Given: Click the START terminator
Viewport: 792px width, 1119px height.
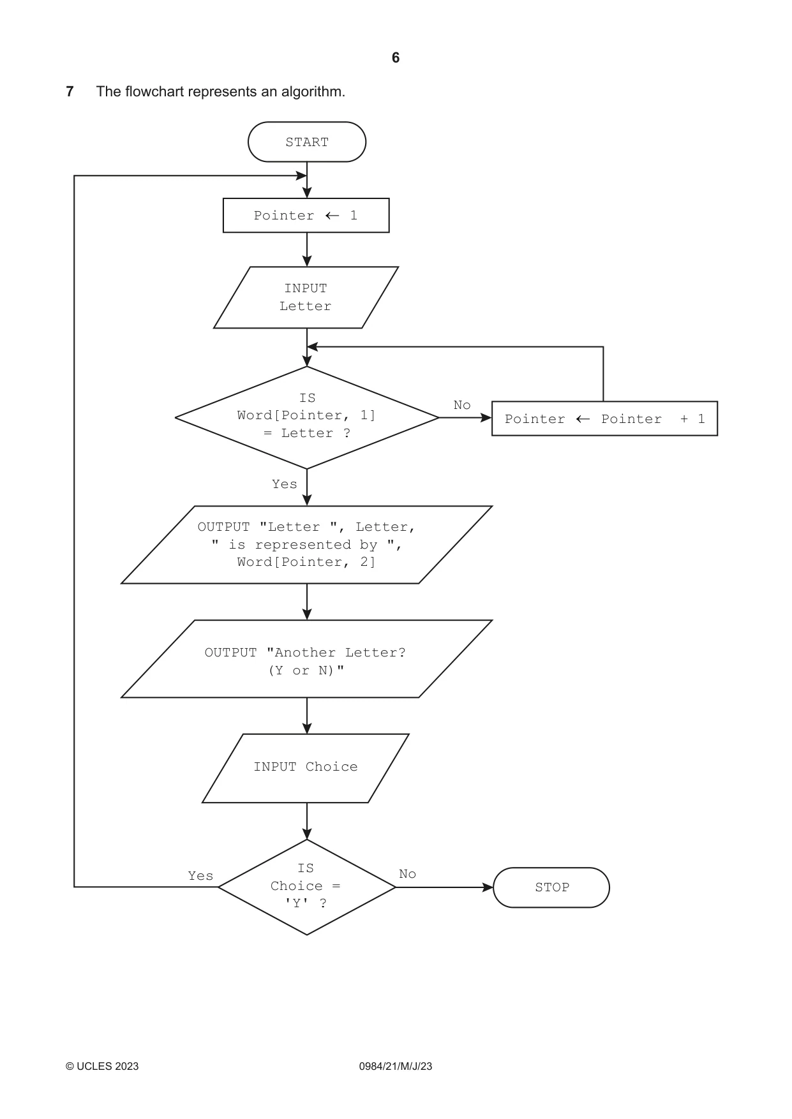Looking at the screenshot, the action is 307,142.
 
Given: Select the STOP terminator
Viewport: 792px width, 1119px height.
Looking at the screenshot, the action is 551,887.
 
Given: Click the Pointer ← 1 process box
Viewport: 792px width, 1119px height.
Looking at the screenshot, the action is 306,216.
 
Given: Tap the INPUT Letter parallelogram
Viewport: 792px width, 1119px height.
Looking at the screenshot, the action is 306,297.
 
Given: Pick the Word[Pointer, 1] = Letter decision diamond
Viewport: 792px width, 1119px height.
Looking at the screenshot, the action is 307,417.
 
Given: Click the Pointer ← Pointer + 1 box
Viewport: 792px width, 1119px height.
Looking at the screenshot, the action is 605,419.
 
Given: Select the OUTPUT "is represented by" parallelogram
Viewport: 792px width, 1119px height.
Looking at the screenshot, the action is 307,545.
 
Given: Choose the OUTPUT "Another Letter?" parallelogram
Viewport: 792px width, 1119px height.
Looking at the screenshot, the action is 307,659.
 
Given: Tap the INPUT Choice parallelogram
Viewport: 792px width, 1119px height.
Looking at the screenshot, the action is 306,768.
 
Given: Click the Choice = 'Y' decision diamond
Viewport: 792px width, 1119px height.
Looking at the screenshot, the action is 307,887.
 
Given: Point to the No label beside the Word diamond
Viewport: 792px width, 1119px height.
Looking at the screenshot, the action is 462,405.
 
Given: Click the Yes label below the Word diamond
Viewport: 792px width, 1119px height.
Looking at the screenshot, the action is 285,484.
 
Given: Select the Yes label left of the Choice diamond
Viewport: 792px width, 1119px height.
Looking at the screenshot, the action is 200,876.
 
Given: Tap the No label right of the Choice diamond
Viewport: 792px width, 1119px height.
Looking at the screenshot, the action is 407,874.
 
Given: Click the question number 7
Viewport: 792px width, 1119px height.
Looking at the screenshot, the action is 70,91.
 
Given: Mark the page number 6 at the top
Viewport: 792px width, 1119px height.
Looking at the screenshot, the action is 396,58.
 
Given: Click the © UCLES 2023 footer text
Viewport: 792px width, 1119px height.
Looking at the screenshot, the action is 102,1066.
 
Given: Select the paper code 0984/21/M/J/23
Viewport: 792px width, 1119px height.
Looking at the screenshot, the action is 396,1066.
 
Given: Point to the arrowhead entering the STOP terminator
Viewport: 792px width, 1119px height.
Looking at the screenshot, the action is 488,887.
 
